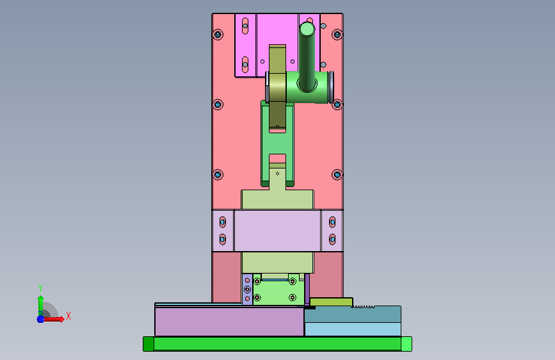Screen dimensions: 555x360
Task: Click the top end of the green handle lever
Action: (307, 28)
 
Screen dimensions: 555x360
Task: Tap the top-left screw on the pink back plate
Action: (218, 35)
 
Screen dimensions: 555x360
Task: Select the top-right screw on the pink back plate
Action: (337, 35)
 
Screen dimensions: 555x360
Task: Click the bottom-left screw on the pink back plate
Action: (218, 175)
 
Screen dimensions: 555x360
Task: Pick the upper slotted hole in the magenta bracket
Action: (245, 26)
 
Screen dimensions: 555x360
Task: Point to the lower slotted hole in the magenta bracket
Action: (245, 65)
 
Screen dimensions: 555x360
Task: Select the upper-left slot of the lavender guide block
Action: (223, 222)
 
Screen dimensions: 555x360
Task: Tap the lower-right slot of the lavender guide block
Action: (332, 240)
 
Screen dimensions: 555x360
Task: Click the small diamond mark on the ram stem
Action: (278, 174)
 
